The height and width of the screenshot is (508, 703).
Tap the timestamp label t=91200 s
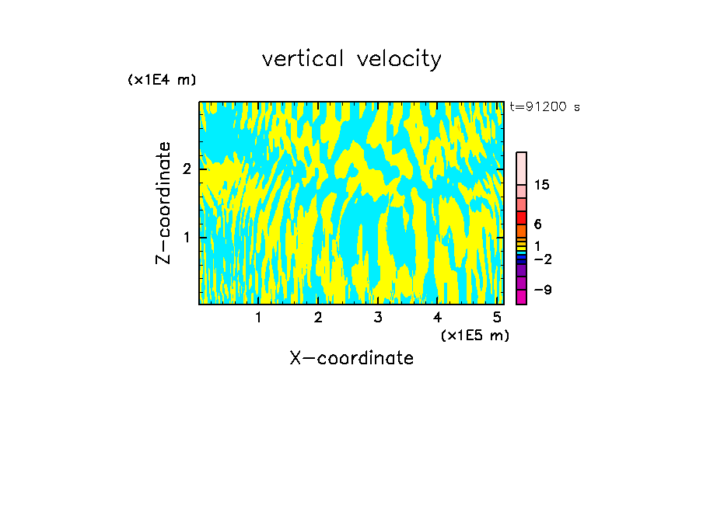tap(545, 107)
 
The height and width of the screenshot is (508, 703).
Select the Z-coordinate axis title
tap(163, 203)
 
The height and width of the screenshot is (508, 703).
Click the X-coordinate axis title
tap(351, 358)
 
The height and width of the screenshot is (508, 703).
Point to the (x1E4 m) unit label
tap(162, 80)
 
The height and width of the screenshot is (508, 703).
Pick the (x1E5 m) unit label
tap(475, 335)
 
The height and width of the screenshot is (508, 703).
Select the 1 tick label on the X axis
tap(258, 318)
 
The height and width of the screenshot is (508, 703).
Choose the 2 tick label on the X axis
tap(318, 318)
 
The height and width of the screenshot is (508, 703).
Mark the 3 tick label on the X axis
tap(378, 318)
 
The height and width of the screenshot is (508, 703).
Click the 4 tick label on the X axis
tap(438, 318)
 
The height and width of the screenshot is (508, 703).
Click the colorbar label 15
tap(542, 185)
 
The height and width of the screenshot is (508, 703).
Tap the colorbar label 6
tap(538, 224)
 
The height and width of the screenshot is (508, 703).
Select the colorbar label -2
tap(542, 259)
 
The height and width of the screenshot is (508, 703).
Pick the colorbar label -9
tap(542, 290)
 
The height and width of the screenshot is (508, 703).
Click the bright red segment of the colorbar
tap(522, 217)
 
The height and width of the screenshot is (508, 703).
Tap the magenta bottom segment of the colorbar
tap(522, 297)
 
